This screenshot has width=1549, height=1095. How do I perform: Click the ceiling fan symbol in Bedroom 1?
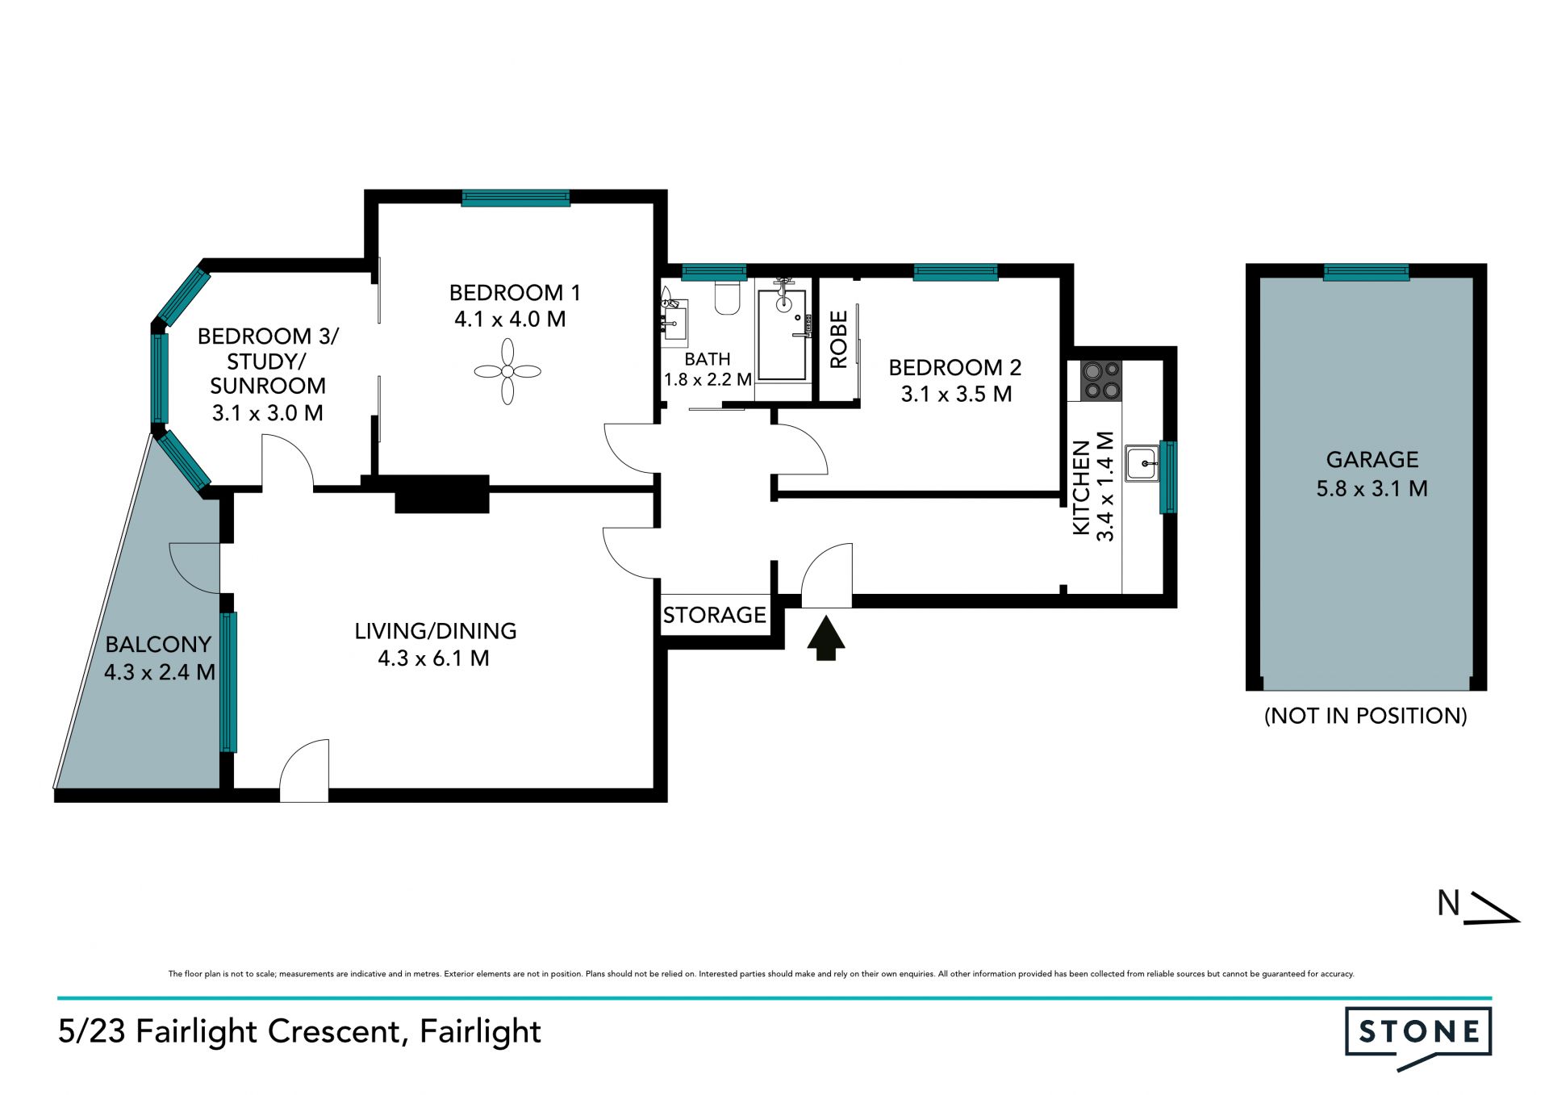[507, 371]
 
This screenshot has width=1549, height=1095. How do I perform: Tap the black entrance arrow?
[826, 638]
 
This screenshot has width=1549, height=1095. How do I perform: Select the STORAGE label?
[715, 615]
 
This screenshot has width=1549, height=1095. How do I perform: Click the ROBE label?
[838, 340]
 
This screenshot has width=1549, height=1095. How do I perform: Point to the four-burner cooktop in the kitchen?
[1101, 380]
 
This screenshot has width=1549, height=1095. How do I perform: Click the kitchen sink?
[1142, 464]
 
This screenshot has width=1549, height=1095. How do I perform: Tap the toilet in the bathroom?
[728, 298]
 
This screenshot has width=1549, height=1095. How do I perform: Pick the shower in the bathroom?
[783, 333]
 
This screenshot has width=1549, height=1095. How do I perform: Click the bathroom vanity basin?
[674, 321]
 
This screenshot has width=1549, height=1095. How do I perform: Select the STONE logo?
[1418, 1035]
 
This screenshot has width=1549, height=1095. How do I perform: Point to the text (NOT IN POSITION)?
[1366, 716]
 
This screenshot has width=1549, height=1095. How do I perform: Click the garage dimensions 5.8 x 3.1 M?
[1372, 488]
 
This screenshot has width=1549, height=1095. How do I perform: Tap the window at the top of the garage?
[1367, 272]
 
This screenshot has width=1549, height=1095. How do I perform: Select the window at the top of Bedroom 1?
[516, 198]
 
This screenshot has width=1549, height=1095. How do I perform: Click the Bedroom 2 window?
[955, 272]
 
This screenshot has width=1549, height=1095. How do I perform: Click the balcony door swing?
[194, 568]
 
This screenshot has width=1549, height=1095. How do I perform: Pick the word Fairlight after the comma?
[480, 1032]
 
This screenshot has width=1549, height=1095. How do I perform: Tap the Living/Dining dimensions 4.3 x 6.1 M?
[434, 658]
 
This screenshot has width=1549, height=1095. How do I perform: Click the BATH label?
[708, 359]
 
